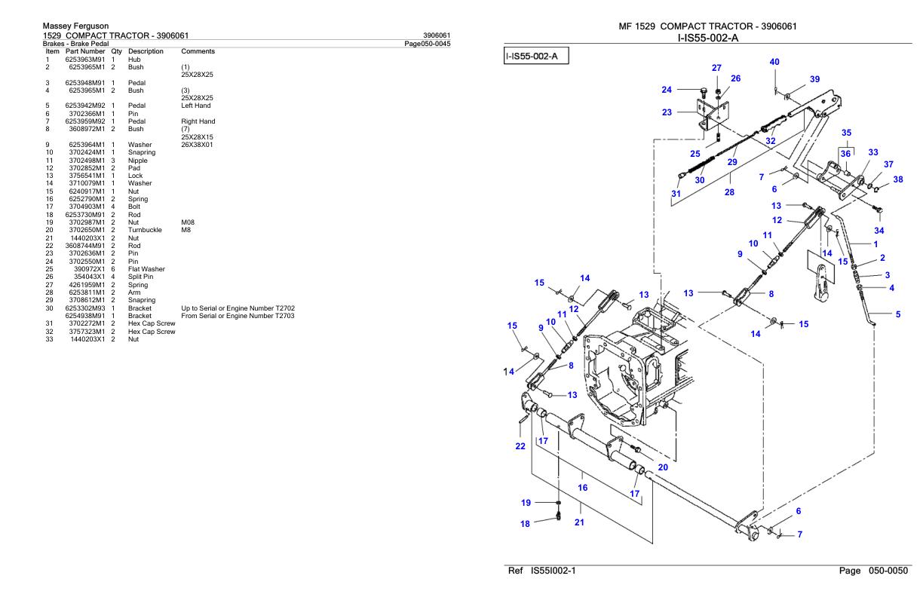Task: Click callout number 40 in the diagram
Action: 774,62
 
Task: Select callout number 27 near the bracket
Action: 716,68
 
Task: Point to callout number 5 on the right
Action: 897,314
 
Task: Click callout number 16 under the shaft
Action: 581,488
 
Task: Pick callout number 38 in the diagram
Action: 897,179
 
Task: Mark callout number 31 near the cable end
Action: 676,193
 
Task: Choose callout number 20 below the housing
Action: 663,467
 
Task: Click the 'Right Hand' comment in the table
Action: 198,121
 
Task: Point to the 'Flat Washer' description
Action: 146,269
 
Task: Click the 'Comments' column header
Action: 198,51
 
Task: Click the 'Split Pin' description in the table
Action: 142,277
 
